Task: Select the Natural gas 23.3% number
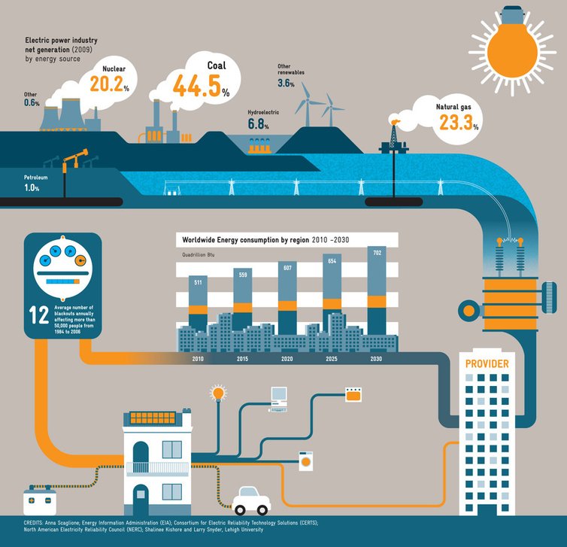[x=458, y=123]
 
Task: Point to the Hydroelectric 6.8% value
[x=259, y=124]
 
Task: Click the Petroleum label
[x=36, y=178]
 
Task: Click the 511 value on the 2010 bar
[x=198, y=282]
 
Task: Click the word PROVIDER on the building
[x=487, y=364]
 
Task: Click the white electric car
[x=251, y=500]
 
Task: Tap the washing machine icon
[x=306, y=461]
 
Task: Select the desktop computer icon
[x=279, y=398]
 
